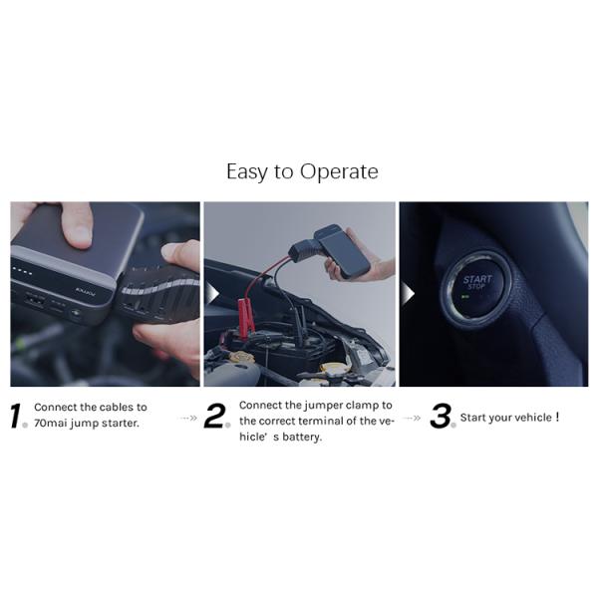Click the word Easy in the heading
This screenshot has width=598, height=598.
pos(246,172)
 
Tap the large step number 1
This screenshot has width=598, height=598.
pos(17,417)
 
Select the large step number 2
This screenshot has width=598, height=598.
pos(215,418)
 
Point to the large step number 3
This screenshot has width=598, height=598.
pos(440,417)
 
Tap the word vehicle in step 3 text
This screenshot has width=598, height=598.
pos(529,417)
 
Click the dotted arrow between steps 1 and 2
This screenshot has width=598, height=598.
pos(188,418)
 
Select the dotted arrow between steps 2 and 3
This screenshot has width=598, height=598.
pos(412,418)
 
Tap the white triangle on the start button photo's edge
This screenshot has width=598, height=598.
pos(406,295)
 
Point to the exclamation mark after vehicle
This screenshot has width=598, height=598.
pos(557,416)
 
